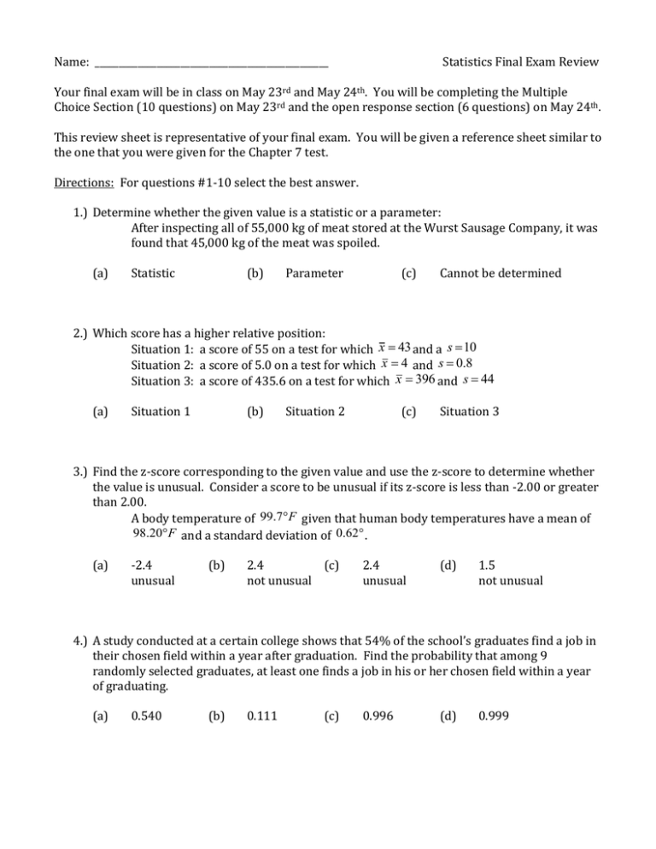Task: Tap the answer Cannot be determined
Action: [x=500, y=273]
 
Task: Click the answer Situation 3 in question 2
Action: [x=469, y=412]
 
